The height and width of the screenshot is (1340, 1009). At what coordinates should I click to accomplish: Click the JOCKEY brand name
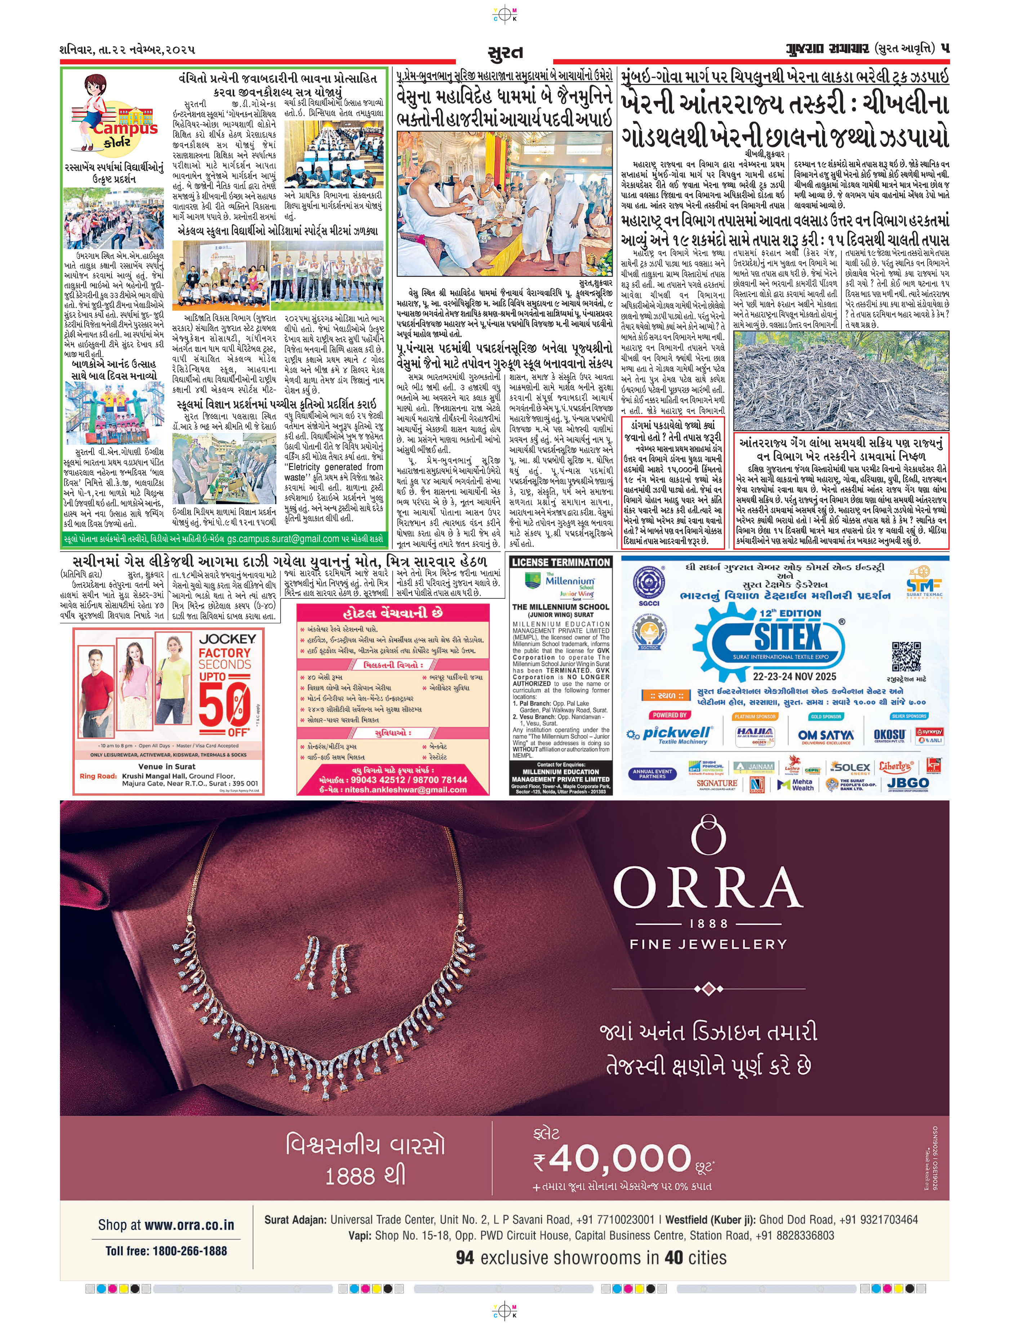[x=227, y=639]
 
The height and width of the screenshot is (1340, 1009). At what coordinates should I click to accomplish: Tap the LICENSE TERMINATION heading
[x=561, y=563]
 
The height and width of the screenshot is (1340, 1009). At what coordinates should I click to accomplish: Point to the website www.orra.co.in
[x=166, y=1224]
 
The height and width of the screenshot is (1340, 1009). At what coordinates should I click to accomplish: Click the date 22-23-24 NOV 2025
[x=794, y=676]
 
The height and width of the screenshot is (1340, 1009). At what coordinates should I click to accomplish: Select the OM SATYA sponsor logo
[x=825, y=736]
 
